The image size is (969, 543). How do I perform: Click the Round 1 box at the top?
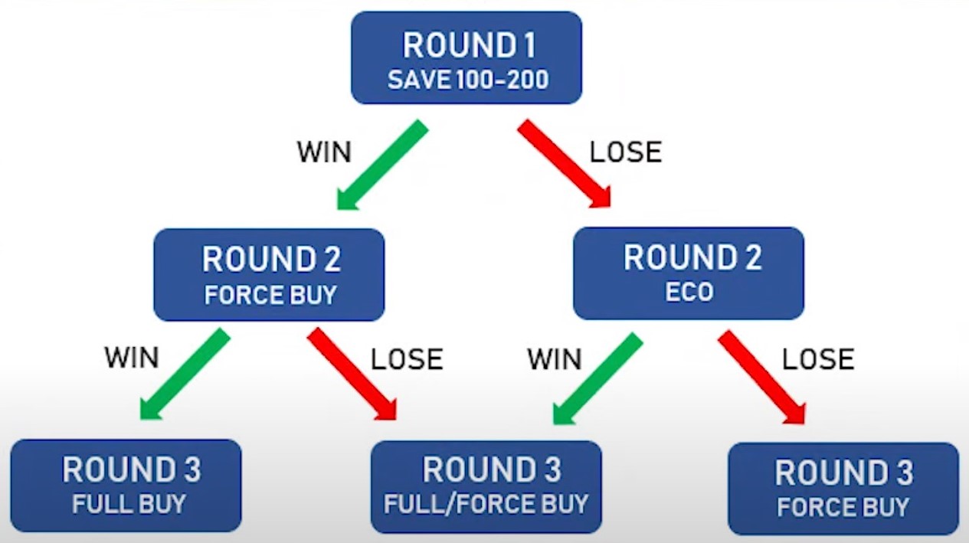(x=466, y=57)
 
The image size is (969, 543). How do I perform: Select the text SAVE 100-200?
(x=468, y=80)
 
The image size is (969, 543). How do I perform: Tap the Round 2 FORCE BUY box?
(x=269, y=275)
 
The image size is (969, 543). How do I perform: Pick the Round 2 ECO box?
(x=689, y=273)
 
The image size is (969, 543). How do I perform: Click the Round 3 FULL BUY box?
(x=126, y=486)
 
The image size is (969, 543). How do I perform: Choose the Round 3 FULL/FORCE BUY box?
(x=486, y=487)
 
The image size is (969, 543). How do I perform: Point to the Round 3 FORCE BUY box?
(x=843, y=489)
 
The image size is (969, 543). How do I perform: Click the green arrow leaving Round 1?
(x=382, y=165)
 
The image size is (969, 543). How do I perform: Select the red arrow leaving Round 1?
(x=565, y=164)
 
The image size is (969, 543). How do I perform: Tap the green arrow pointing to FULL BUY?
(x=185, y=374)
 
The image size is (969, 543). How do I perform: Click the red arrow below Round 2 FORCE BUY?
(x=352, y=374)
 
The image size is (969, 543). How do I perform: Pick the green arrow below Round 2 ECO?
(x=597, y=378)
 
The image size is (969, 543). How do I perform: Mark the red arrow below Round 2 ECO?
(x=761, y=378)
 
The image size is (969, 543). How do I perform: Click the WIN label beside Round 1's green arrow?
(x=324, y=152)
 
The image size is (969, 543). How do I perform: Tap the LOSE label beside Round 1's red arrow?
(x=626, y=152)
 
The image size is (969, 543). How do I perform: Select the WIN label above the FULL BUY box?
(x=132, y=358)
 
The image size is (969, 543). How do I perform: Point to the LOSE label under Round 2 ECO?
(x=818, y=359)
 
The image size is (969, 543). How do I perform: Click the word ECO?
(x=689, y=292)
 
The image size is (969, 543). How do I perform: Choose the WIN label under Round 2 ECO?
(x=554, y=359)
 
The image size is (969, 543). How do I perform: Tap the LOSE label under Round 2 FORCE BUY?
(x=407, y=359)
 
